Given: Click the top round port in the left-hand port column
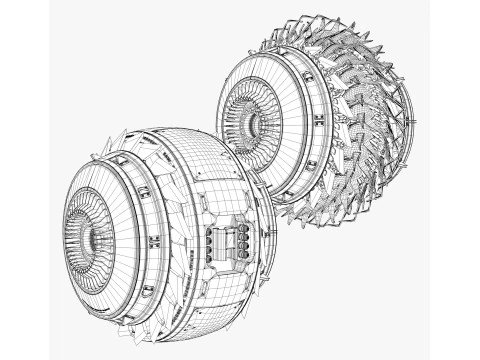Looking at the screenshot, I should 210,232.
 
